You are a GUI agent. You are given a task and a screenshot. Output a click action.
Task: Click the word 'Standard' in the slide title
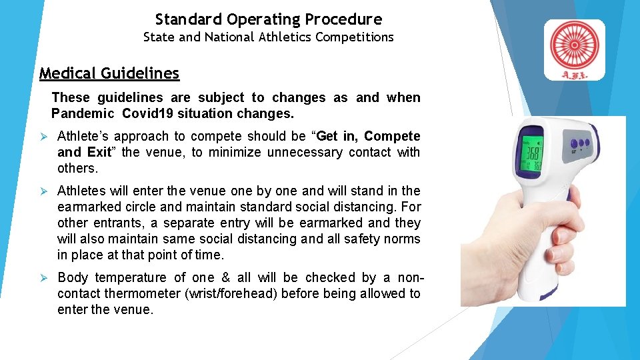(x=189, y=19)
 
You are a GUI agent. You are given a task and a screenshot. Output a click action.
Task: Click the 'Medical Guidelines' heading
(x=109, y=73)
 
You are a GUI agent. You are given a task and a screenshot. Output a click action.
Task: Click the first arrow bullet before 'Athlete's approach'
(x=44, y=137)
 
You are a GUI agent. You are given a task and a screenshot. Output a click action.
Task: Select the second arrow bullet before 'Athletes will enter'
(x=44, y=191)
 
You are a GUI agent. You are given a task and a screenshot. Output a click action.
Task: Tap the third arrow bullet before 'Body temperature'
(x=44, y=278)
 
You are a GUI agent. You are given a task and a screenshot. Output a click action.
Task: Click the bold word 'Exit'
(x=99, y=152)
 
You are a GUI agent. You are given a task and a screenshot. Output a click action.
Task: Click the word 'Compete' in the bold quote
(x=392, y=136)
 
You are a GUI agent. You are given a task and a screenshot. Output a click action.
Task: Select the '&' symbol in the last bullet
(x=225, y=277)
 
